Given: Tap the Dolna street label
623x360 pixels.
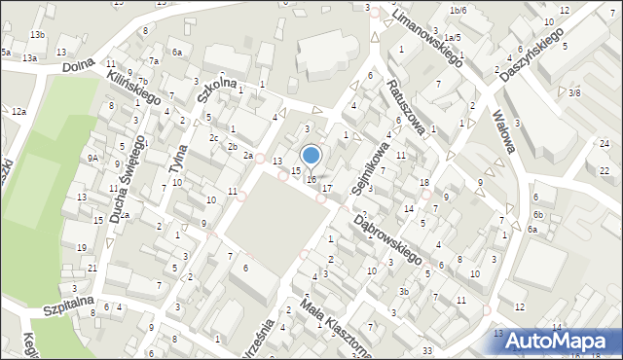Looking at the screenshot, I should (x=77, y=69).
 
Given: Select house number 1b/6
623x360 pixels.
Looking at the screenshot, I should (x=458, y=10).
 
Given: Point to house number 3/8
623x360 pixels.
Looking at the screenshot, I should (x=574, y=92).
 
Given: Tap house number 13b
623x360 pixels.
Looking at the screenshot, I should (x=37, y=35).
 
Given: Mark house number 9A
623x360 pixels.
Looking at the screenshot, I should (x=92, y=158).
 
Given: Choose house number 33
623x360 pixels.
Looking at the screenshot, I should (x=427, y=349).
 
